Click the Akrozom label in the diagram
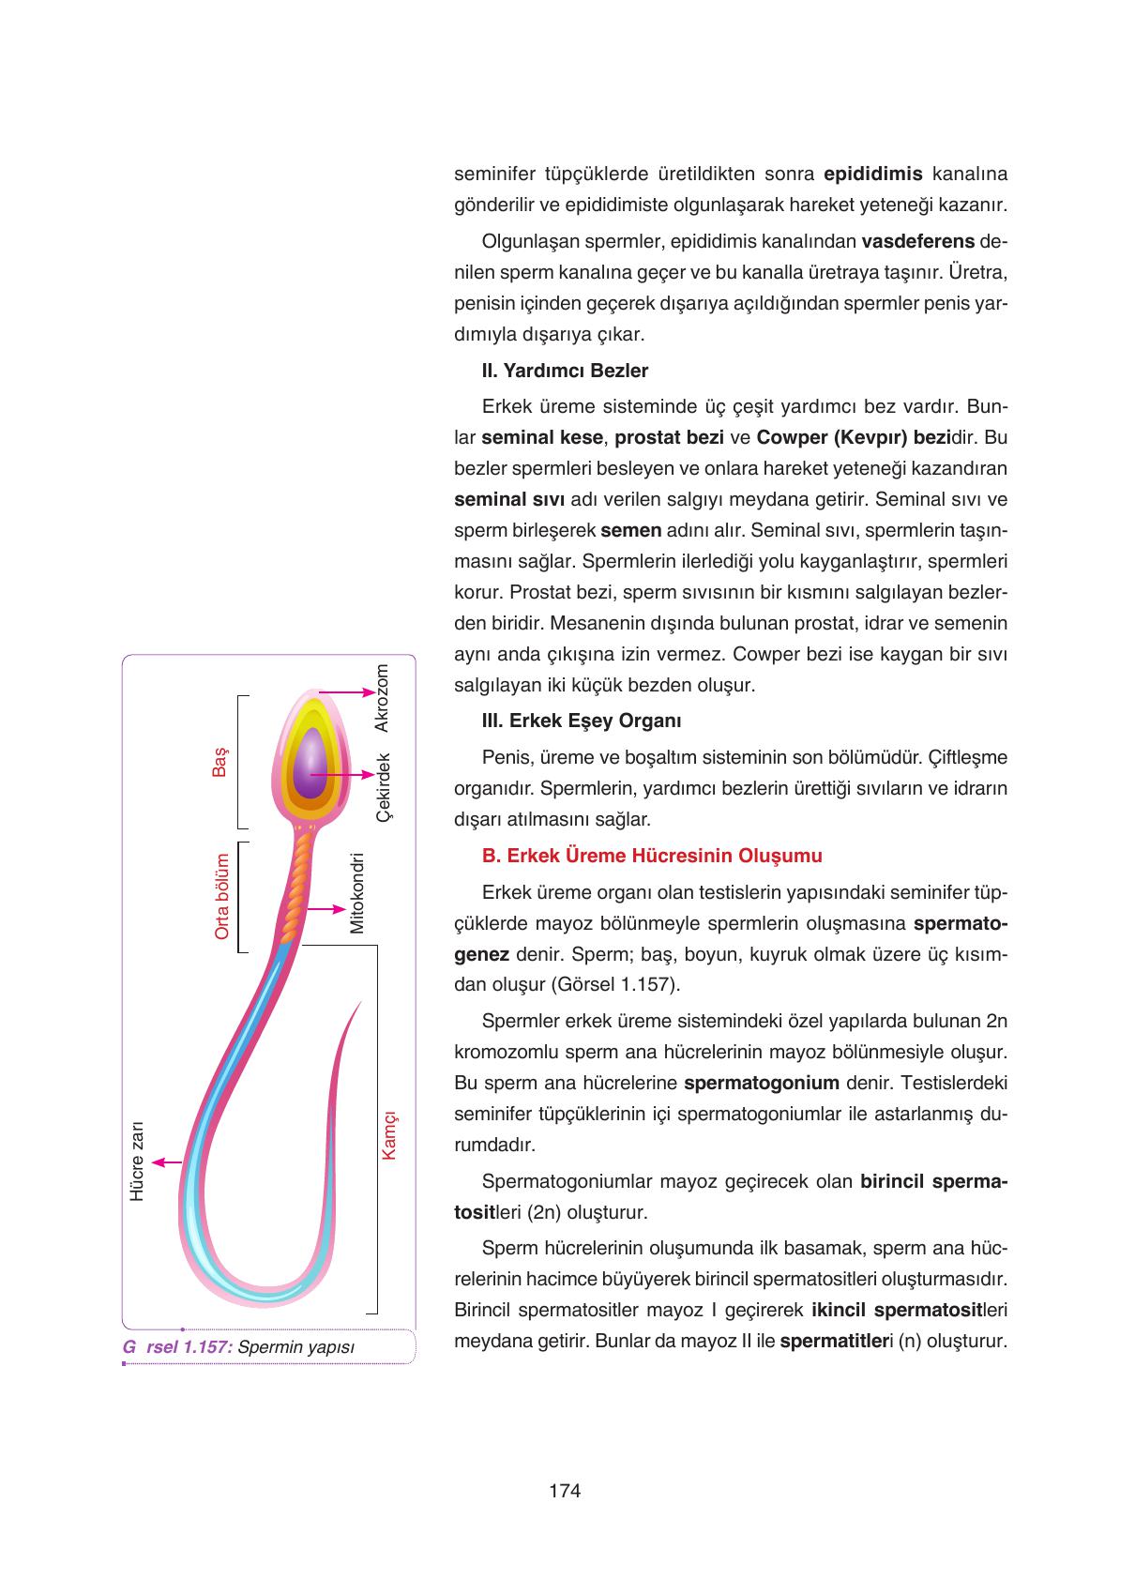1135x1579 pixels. click(382, 698)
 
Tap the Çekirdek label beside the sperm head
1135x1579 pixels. click(382, 787)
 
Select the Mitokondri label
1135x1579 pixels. click(356, 892)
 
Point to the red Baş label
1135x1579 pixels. click(220, 762)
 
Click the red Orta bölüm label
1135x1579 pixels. click(222, 896)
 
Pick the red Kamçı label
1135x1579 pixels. click(389, 1135)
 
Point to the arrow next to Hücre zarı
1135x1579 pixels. click(166, 1162)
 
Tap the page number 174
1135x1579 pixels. click(566, 1490)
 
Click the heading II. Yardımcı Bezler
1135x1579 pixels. click(565, 371)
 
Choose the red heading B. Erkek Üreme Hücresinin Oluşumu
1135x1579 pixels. click(652, 856)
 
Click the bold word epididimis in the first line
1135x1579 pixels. click(873, 174)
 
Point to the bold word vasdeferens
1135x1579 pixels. click(918, 241)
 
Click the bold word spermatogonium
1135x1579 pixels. click(762, 1083)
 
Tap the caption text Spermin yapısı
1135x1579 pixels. click(296, 1347)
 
